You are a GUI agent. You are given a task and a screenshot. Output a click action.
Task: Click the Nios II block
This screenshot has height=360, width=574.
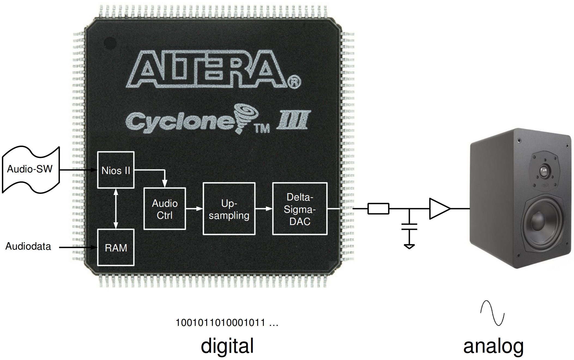(x=116, y=170)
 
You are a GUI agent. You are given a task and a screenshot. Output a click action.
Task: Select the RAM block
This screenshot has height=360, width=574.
(x=116, y=247)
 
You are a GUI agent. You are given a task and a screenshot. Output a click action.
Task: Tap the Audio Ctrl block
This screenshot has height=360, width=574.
(x=165, y=209)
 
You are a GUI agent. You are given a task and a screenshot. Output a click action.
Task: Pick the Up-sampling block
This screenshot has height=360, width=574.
(x=229, y=209)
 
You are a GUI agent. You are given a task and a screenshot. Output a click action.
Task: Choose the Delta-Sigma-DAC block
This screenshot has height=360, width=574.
(x=300, y=209)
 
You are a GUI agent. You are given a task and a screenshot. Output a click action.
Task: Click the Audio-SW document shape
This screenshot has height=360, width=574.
(x=30, y=169)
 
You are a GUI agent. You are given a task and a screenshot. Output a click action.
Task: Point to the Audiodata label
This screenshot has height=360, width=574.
(x=28, y=246)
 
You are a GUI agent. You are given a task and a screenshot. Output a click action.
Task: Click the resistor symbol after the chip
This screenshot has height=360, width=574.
(x=378, y=209)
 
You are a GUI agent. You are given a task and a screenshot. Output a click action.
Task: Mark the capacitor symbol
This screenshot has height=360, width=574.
(x=409, y=227)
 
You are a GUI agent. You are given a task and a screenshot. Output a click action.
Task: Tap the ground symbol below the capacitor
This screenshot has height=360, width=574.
(x=409, y=246)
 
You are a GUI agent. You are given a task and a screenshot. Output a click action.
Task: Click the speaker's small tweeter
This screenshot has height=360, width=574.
(x=544, y=171)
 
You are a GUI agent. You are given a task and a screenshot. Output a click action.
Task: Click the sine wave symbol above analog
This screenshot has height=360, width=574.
(x=492, y=313)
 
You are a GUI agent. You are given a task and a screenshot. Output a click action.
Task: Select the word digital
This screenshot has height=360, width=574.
(x=227, y=346)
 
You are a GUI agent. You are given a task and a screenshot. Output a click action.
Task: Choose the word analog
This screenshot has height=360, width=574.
(x=493, y=346)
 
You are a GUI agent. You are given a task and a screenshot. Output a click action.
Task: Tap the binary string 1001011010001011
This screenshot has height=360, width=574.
(x=220, y=323)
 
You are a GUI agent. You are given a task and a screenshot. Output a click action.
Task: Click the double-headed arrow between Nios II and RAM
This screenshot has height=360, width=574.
(x=116, y=209)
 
